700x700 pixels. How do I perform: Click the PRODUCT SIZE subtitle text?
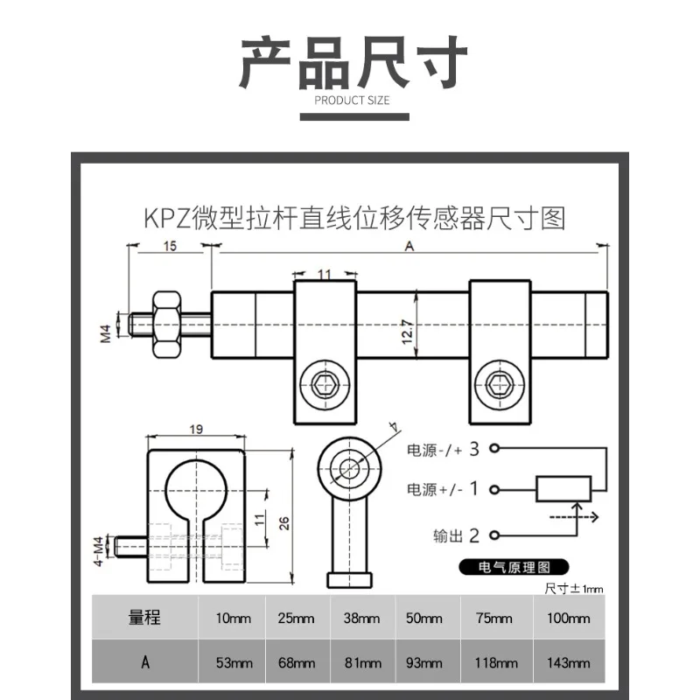pos(352,101)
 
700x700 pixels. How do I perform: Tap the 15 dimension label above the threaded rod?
pos(170,246)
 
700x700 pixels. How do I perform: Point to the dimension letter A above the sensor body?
pos(409,246)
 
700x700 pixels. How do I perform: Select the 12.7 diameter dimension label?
pos(407,332)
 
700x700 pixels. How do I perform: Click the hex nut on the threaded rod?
pos(166,325)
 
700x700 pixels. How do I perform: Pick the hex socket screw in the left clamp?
pos(325,385)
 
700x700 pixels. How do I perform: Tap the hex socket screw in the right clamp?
pos(500,385)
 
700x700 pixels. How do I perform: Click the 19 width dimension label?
pos(196,430)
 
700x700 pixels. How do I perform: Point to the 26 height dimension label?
pos(283,523)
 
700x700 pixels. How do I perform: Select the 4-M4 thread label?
pos(99,551)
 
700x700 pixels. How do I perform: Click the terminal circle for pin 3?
pos(494,448)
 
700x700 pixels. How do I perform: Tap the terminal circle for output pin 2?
pos(494,535)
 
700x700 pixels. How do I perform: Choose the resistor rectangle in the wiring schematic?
pos(563,489)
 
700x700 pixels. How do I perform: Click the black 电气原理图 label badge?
pos(514,567)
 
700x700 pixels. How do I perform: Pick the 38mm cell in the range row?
pos(361,619)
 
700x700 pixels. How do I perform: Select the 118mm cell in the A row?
pos(496,662)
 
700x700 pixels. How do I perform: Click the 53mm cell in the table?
pos(234,662)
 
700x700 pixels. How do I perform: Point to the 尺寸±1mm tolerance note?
pos(574,589)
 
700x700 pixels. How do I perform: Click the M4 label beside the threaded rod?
pos(105,334)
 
